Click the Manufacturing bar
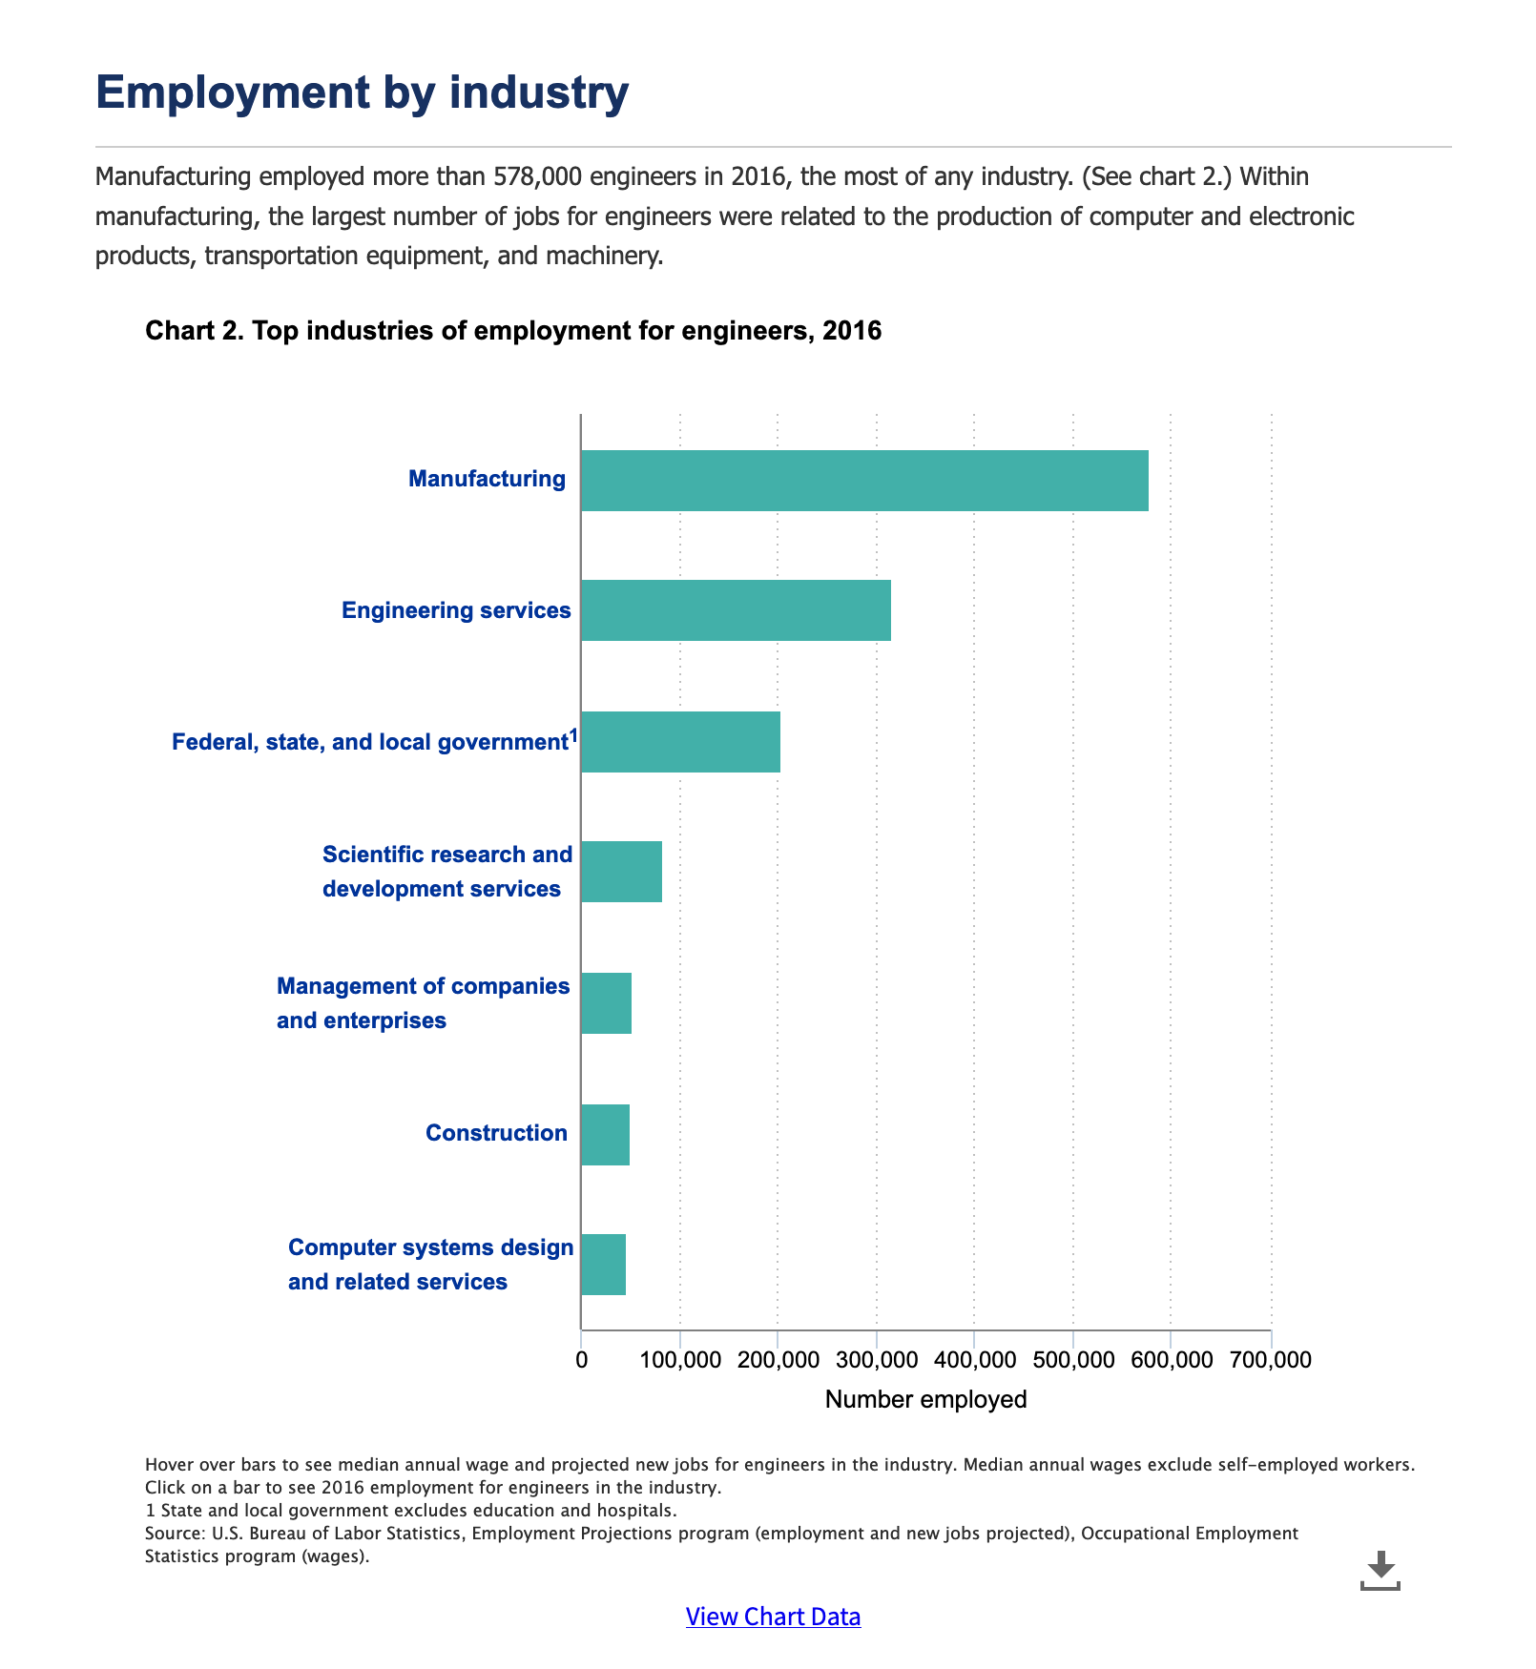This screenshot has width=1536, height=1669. (x=863, y=481)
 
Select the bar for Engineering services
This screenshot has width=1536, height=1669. (x=736, y=610)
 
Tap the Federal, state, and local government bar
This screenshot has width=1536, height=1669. (x=680, y=742)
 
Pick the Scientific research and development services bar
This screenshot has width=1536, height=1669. (x=621, y=872)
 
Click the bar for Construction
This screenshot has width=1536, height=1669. (x=605, y=1135)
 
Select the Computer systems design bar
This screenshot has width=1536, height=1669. (x=603, y=1265)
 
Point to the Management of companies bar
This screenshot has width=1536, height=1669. (x=606, y=1003)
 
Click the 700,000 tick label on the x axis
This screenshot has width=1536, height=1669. (x=1270, y=1360)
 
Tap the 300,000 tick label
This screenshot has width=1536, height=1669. (x=876, y=1360)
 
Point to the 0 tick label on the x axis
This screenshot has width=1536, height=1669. (x=581, y=1360)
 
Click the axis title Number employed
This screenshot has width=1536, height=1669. (x=925, y=1400)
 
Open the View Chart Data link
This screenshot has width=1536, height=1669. (x=773, y=1617)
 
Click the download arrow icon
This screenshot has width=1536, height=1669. (x=1380, y=1570)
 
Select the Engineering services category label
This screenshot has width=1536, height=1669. (x=456, y=610)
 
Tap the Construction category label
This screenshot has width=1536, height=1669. (x=496, y=1133)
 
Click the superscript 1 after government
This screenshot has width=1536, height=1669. (x=573, y=734)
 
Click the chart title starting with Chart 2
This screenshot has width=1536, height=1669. (x=513, y=331)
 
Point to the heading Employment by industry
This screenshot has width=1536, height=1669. (x=363, y=93)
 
